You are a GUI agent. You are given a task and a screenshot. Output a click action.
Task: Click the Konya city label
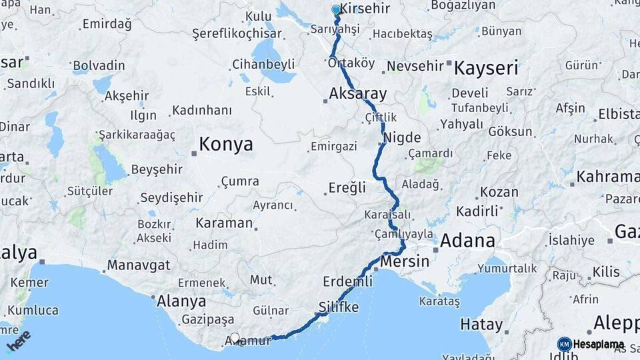click(x=226, y=144)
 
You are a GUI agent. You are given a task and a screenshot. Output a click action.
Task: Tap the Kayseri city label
click(x=486, y=68)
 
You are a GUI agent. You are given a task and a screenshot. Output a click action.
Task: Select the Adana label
click(x=468, y=241)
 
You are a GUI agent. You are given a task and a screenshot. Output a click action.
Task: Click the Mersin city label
click(x=405, y=261)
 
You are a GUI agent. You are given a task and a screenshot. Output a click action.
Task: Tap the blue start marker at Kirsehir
click(x=337, y=10)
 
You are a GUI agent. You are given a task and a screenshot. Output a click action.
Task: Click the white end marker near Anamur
click(x=235, y=338)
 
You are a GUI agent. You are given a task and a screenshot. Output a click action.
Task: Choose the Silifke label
click(x=339, y=307)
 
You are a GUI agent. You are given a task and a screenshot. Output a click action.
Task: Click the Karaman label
click(x=224, y=223)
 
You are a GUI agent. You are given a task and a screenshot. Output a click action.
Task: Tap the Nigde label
click(x=403, y=138)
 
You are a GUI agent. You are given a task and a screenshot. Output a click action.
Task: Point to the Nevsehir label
click(x=415, y=65)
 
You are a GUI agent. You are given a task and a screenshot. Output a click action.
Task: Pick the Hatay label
click(x=481, y=325)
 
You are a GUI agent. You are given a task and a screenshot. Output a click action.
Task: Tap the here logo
click(x=19, y=341)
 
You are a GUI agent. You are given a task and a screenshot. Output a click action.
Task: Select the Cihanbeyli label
click(x=263, y=65)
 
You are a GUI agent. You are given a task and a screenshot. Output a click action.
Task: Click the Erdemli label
click(x=347, y=281)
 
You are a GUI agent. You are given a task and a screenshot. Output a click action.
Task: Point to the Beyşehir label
click(x=157, y=170)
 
